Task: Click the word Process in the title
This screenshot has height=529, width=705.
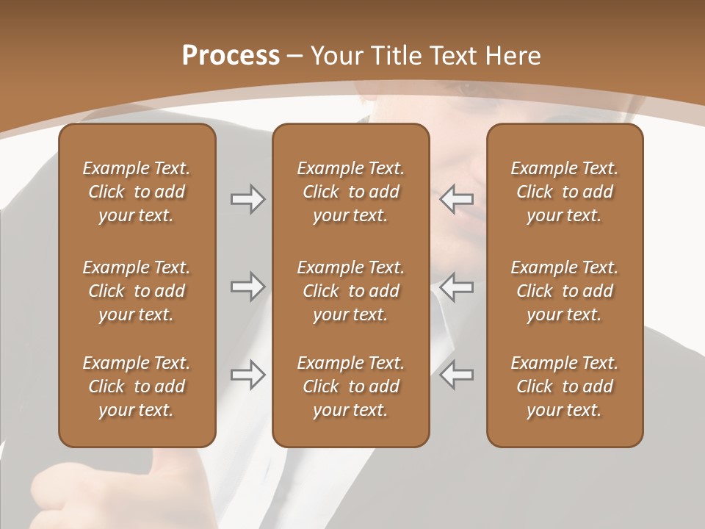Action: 231,56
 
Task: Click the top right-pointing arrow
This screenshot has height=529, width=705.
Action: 247,199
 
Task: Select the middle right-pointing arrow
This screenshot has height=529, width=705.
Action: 247,286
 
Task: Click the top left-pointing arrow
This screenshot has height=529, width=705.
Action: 457,199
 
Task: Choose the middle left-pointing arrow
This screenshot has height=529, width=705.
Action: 457,286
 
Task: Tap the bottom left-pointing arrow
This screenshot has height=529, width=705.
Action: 457,375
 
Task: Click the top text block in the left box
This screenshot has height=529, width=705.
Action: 137,192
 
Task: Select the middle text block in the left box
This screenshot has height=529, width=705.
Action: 137,291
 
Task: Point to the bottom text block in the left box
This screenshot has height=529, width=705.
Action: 137,386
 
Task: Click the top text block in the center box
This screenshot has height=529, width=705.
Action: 350,192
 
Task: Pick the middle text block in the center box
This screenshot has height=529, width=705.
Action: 350,291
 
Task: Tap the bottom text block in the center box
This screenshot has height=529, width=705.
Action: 350,386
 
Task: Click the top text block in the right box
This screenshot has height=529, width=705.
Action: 564,192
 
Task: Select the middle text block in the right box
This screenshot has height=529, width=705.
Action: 564,291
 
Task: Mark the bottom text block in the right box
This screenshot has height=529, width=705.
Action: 564,386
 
